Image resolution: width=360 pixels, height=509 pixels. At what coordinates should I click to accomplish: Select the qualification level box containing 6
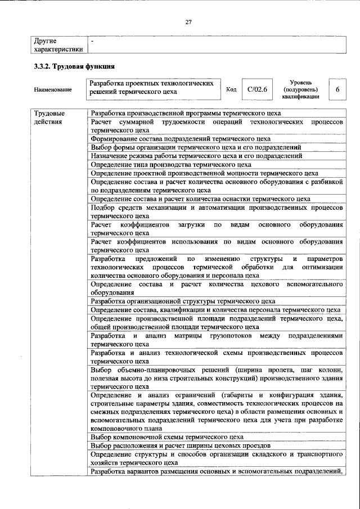pos(337,89)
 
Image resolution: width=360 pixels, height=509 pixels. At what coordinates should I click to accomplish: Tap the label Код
pos(231,89)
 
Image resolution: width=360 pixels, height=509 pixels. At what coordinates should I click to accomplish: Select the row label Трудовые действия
pos(49,117)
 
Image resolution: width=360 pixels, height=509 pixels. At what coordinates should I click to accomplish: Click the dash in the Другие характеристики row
pos(93,41)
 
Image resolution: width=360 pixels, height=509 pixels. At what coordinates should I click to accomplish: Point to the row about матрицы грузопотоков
pos(217,339)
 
